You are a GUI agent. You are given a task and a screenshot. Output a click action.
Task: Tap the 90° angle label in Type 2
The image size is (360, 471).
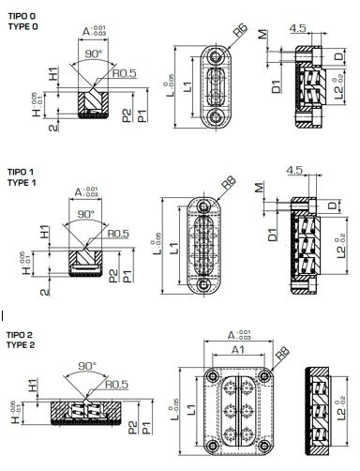click(88, 365)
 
